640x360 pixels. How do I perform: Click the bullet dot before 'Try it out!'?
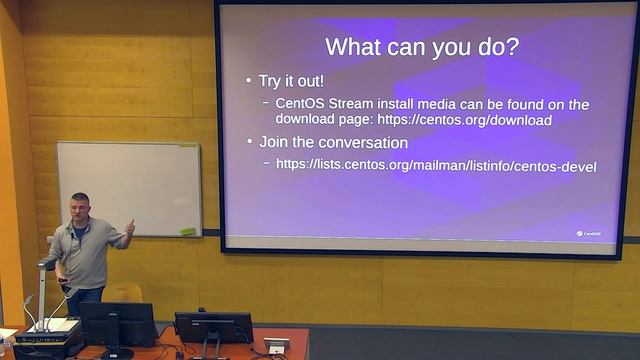click(x=249, y=80)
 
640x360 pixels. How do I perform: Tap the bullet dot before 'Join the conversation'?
click(x=249, y=143)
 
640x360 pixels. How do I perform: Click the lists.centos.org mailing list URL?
click(x=436, y=165)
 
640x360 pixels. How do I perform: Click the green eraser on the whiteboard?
click(x=187, y=232)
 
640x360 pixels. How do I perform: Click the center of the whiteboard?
click(x=128, y=188)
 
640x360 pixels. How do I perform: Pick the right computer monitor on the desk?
click(x=213, y=327)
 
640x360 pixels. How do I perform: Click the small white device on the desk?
click(x=277, y=345)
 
